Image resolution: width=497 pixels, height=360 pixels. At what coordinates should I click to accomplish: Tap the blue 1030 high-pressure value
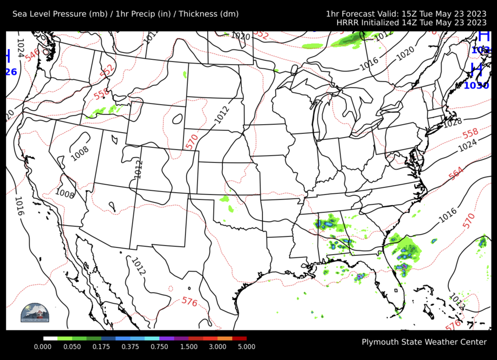tap(476, 85)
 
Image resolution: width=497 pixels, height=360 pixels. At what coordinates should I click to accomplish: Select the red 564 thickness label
tap(456, 173)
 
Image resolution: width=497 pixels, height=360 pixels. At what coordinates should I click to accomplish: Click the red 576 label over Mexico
tap(189, 302)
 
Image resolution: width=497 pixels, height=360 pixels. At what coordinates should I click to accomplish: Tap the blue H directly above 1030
tap(476, 70)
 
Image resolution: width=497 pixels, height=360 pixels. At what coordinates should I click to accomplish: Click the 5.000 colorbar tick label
tap(247, 347)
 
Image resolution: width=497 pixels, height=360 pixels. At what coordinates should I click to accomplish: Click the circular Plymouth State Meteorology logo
tap(35, 314)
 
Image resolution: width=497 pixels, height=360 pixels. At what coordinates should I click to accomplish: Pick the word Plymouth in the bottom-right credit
tap(379, 342)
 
